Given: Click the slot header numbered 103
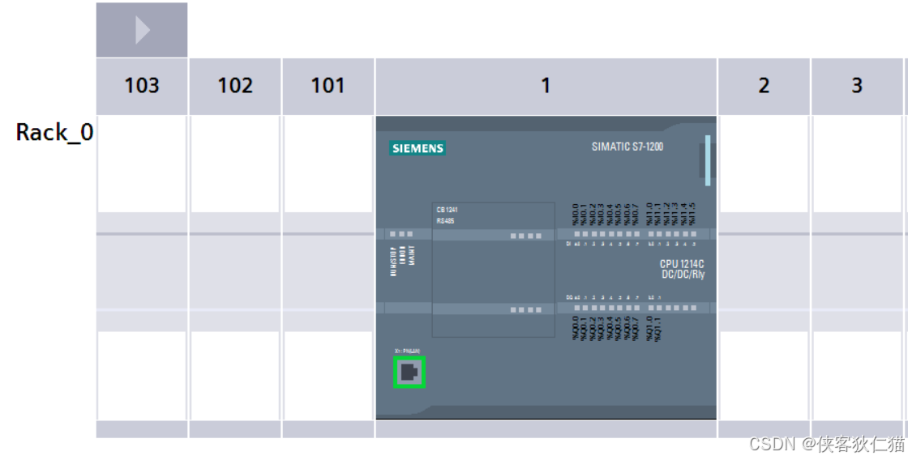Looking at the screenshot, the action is [142, 86].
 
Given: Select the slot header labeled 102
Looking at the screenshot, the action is [235, 86].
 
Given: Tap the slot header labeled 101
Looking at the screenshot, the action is [328, 86].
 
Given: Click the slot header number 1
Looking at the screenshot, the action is [546, 86].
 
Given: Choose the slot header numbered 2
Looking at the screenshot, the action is [764, 86].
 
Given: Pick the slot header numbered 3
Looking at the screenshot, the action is [857, 86].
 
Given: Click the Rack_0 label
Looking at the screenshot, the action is [54, 133].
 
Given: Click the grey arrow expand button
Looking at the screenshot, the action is [142, 31].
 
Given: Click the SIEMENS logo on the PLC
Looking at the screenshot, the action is [418, 148].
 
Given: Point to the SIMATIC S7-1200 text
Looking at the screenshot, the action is [627, 147].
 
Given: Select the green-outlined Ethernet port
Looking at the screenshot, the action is [409, 373].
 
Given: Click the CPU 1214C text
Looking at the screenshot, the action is [682, 264].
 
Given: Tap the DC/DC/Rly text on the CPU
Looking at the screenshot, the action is [683, 275].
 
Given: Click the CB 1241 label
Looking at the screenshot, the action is [448, 210].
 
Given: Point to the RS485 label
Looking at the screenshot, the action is [446, 220].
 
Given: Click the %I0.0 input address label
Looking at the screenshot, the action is [576, 214].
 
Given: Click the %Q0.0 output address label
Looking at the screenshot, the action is [576, 328].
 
